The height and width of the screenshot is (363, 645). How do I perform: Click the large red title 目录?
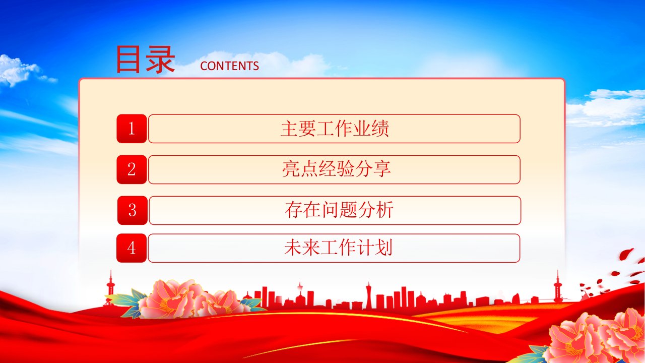point(146,59)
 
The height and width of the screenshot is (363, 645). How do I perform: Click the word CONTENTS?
point(229,66)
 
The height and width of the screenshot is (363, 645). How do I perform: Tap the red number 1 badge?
point(132,129)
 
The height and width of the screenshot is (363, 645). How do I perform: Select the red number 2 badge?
point(132,169)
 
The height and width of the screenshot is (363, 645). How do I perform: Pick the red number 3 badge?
point(133,210)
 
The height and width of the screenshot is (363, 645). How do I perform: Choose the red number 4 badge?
point(132,248)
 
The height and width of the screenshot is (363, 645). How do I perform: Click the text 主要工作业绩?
point(335,129)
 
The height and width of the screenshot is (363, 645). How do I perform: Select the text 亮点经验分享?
point(336,169)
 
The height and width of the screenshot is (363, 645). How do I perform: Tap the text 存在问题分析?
point(339,210)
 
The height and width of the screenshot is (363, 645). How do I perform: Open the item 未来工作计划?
point(338,248)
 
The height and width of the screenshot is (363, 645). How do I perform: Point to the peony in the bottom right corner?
point(599,337)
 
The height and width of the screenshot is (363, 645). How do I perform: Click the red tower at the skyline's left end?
point(110,288)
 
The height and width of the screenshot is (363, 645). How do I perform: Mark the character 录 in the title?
point(160,59)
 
